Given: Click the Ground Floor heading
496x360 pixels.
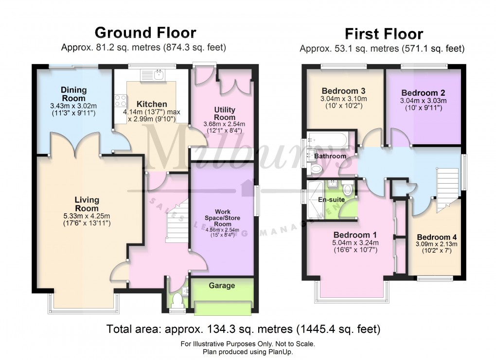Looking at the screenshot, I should (145, 33).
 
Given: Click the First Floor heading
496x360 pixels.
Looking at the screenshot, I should (384, 34).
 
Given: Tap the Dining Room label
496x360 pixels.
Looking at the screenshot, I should (74, 93).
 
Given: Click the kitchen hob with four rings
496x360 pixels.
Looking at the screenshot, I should (121, 102).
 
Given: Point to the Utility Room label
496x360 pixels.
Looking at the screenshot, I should (224, 113).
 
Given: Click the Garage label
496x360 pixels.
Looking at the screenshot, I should (222, 286).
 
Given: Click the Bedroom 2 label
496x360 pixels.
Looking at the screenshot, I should (423, 93).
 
